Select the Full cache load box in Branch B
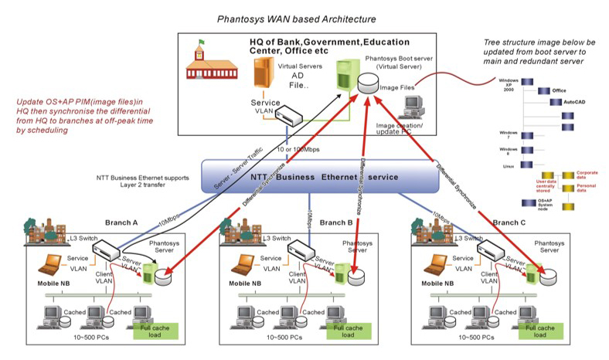coord(348,331)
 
